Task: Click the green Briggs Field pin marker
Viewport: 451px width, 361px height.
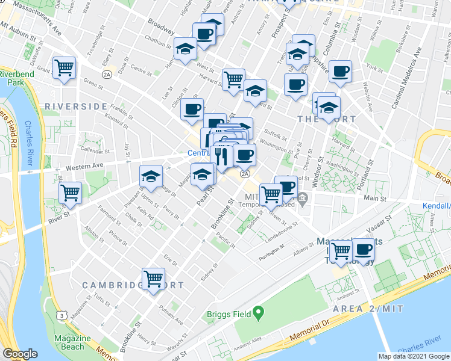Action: click(x=259, y=312)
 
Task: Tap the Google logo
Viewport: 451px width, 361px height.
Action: click(x=20, y=354)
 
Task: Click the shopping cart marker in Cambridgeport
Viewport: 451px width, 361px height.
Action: click(x=154, y=279)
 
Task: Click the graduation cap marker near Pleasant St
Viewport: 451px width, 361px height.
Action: click(x=151, y=176)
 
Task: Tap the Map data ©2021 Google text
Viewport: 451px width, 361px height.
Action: click(x=413, y=356)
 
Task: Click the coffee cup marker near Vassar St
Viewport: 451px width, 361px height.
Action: click(x=364, y=249)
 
